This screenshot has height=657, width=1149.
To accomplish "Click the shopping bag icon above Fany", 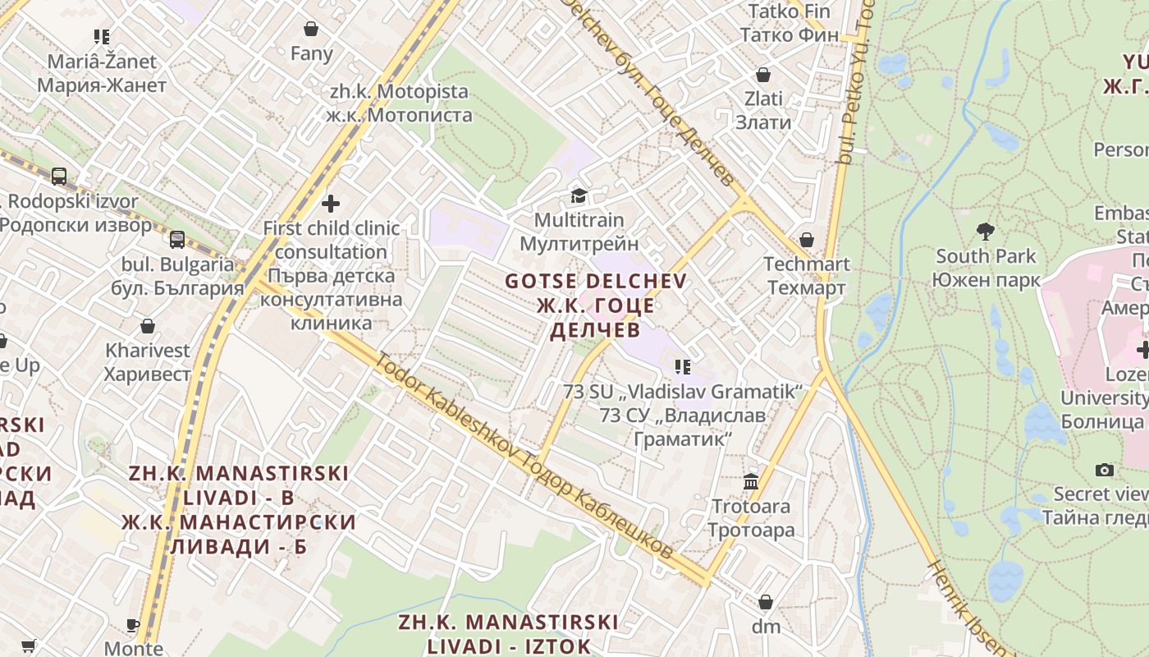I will pyautogui.click(x=311, y=30).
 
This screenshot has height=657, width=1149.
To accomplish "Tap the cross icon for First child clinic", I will pyautogui.click(x=331, y=203).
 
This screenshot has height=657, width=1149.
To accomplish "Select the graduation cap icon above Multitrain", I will pyautogui.click(x=579, y=195).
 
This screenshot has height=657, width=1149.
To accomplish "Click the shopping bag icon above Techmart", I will pyautogui.click(x=807, y=240).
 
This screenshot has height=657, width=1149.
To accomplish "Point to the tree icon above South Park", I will pyautogui.click(x=985, y=232).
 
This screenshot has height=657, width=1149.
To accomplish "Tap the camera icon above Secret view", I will pyautogui.click(x=1105, y=470).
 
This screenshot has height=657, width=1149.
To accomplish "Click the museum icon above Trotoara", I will pyautogui.click(x=751, y=481).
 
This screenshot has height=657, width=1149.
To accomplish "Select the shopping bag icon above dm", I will pyautogui.click(x=766, y=602).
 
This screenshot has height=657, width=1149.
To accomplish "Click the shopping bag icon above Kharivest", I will pyautogui.click(x=148, y=326).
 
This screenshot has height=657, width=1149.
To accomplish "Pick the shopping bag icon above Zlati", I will pyautogui.click(x=763, y=75).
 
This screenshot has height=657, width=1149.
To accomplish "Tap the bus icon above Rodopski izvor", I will pyautogui.click(x=59, y=176).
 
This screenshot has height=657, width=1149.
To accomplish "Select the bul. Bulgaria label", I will pyautogui.click(x=178, y=276).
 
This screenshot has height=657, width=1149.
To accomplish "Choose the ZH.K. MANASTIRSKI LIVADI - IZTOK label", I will pyautogui.click(x=508, y=632).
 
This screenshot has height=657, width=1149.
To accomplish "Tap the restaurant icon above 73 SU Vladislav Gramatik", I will pyautogui.click(x=682, y=367).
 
